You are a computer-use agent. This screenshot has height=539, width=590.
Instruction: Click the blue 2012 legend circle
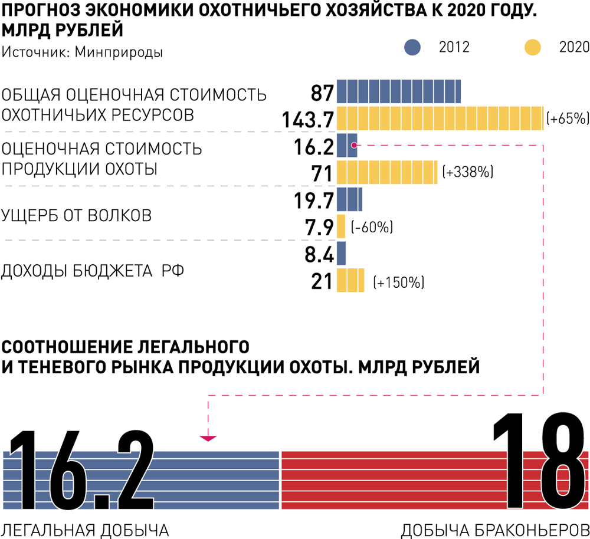click(412, 47)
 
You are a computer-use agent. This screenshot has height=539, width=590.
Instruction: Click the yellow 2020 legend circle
click(532, 47)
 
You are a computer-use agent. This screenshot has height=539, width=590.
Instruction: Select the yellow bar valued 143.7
click(440, 119)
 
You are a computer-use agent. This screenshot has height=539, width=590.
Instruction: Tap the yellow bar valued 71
click(387, 173)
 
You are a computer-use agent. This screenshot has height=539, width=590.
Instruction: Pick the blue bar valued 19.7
click(349, 200)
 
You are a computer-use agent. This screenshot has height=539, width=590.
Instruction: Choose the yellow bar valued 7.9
click(341, 226)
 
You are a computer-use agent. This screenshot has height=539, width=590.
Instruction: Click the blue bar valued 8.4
click(341, 254)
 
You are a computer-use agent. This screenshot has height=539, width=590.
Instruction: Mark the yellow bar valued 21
click(350, 280)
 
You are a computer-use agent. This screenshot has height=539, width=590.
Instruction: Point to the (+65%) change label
click(568, 119)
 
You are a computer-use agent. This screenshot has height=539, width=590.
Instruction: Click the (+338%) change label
click(467, 173)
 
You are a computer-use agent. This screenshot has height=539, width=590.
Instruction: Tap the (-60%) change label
click(372, 227)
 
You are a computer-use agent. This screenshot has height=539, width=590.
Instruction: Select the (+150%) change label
click(399, 282)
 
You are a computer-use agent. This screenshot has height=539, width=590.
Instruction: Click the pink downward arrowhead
click(208, 438)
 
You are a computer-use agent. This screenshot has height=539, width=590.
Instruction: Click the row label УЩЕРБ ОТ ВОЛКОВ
click(76, 215)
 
